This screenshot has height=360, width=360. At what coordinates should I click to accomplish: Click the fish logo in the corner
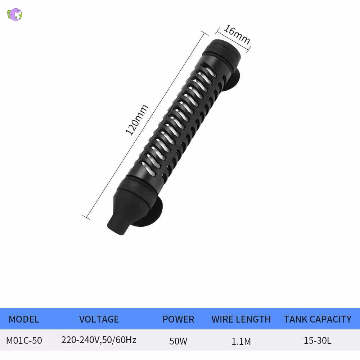[15, 14]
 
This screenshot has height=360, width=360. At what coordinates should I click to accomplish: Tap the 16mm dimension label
[237, 35]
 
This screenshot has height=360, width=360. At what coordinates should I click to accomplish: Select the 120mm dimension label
[137, 120]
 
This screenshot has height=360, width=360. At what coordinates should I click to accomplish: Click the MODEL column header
[24, 319]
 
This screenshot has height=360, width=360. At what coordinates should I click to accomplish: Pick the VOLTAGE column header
[99, 319]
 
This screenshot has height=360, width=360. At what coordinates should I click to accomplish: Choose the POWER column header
[178, 319]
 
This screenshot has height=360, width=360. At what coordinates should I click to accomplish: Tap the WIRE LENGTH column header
[241, 319]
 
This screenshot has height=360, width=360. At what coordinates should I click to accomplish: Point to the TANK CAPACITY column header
[318, 319]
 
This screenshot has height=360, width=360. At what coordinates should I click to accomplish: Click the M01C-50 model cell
[24, 340]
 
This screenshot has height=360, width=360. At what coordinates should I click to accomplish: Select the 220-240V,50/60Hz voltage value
[99, 340]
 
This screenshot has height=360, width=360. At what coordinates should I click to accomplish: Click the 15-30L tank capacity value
[318, 340]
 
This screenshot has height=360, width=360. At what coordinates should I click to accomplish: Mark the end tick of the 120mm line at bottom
[86, 217]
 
